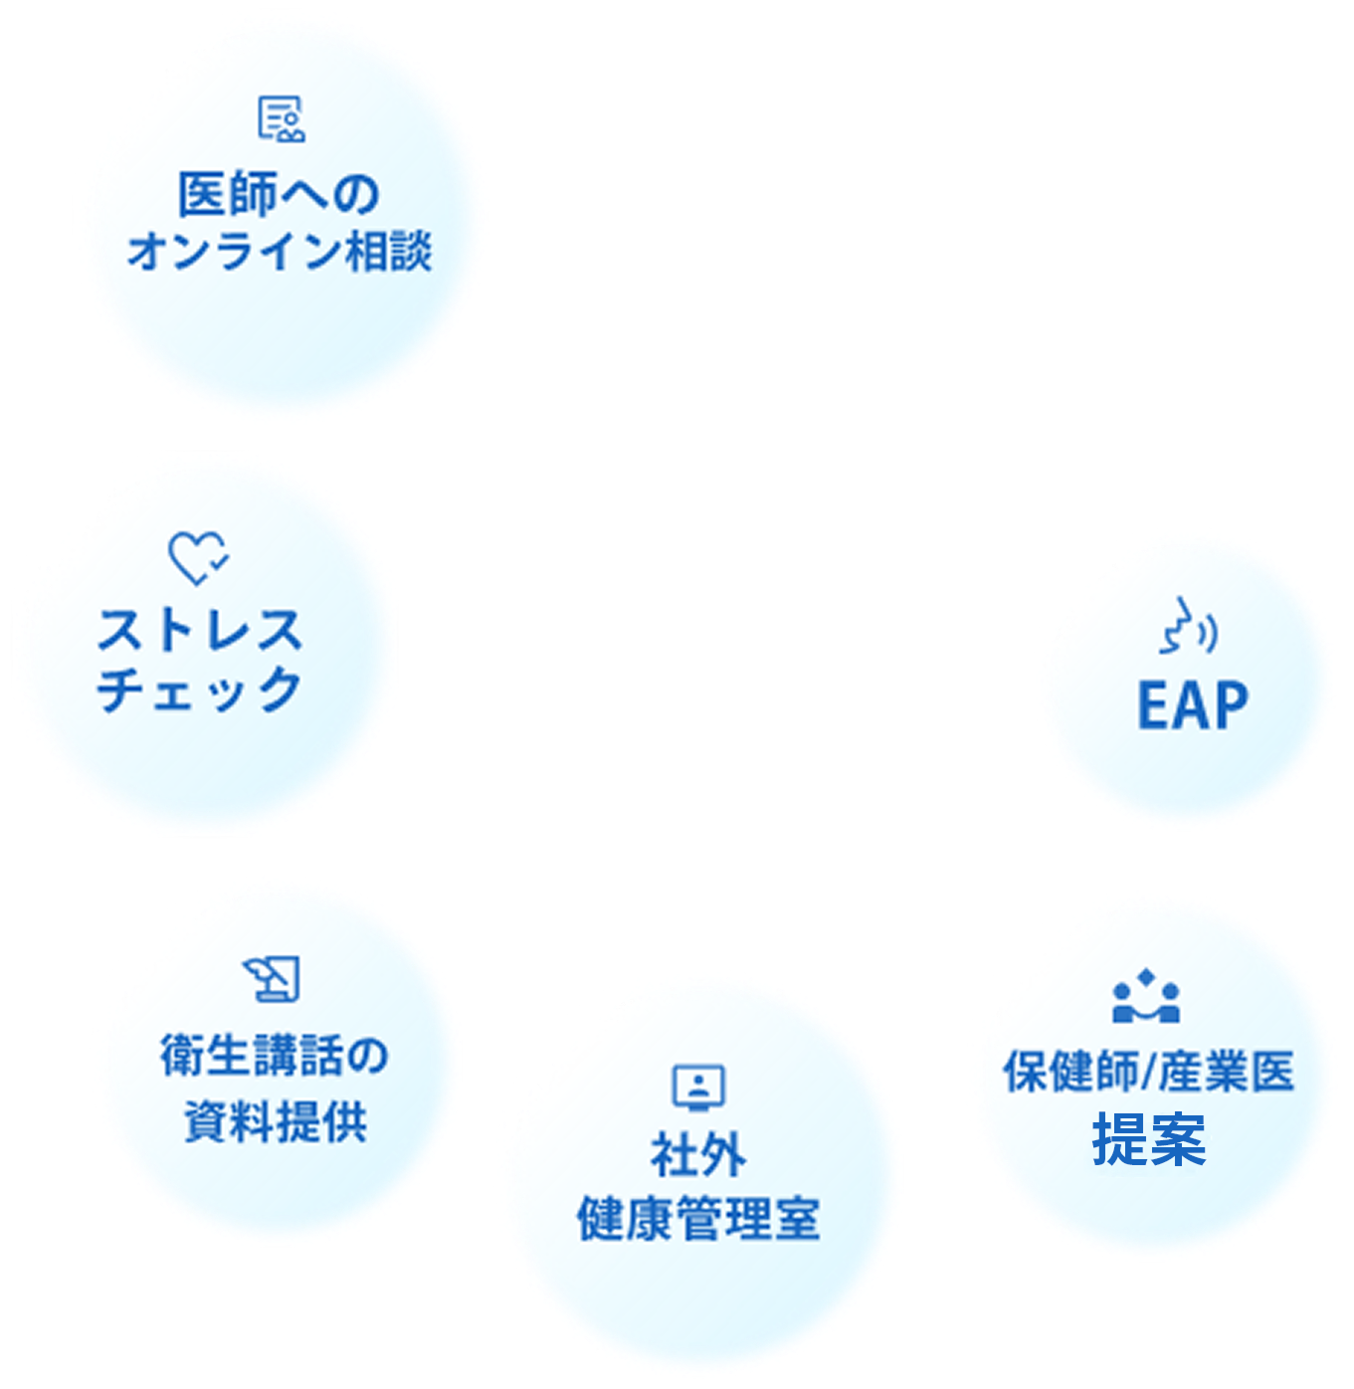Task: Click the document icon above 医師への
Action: (281, 119)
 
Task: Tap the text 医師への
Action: (279, 194)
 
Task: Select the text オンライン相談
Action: (280, 251)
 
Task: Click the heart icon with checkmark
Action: (198, 557)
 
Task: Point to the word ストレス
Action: (200, 631)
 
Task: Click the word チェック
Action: (200, 689)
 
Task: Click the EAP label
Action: (1192, 705)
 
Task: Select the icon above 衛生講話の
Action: (273, 978)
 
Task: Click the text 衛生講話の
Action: (275, 1056)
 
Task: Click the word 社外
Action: (698, 1155)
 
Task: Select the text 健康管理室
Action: (698, 1219)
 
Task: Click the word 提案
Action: (1149, 1140)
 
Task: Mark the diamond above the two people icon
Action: (1146, 977)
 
